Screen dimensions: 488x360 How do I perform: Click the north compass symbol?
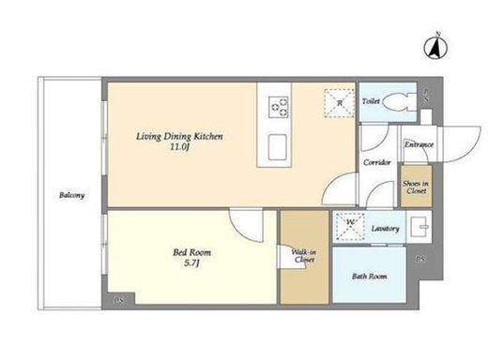point(435,47)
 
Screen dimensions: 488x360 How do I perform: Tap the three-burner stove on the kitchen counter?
point(278,107)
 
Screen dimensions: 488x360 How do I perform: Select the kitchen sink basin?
point(277,147)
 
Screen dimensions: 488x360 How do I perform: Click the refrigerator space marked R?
point(339,103)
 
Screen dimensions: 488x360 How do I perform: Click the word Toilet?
point(371,101)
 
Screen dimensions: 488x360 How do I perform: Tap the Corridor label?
point(377,162)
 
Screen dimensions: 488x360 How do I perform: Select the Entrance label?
point(419,144)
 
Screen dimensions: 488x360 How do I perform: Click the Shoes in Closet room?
point(417,186)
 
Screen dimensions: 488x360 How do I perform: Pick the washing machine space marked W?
point(350,227)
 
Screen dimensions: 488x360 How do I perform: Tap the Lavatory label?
point(385,229)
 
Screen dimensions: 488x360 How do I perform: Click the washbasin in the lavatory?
point(419,227)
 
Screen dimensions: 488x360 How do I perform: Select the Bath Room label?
point(369,277)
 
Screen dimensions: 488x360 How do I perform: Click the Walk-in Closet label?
point(304,256)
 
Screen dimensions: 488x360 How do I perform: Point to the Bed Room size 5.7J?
point(191,263)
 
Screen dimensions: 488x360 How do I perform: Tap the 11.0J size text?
point(179,147)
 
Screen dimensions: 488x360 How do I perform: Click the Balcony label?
point(72,195)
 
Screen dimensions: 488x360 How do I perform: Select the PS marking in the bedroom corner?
point(118,301)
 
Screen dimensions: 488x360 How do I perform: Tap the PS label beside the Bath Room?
point(420,259)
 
